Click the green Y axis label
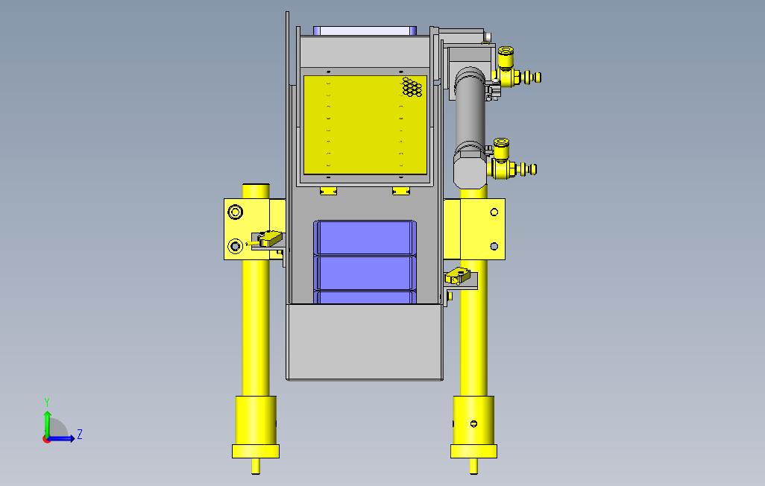click(x=47, y=402)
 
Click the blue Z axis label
click(x=80, y=435)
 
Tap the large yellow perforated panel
click(x=365, y=125)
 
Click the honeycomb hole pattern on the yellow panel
click(x=412, y=87)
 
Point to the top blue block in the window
click(x=365, y=237)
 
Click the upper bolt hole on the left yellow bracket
click(x=235, y=212)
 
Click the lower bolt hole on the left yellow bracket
click(x=235, y=246)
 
